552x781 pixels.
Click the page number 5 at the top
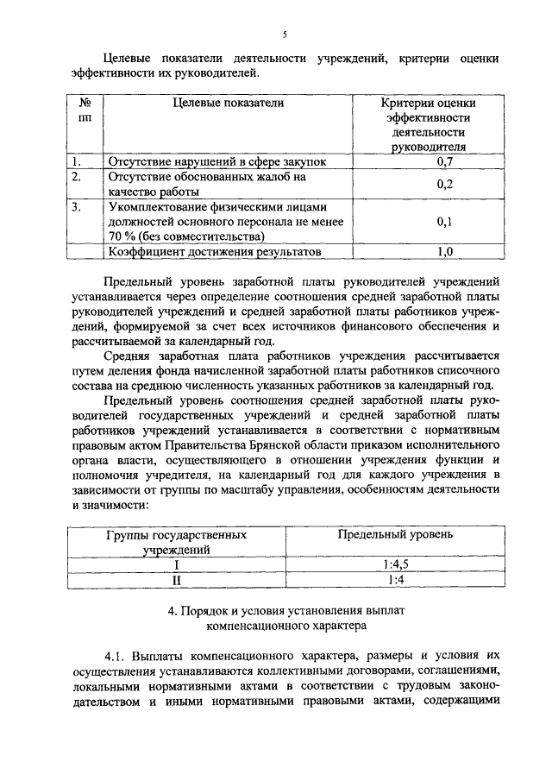click(x=284, y=34)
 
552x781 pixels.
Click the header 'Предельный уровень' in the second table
click(x=395, y=535)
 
